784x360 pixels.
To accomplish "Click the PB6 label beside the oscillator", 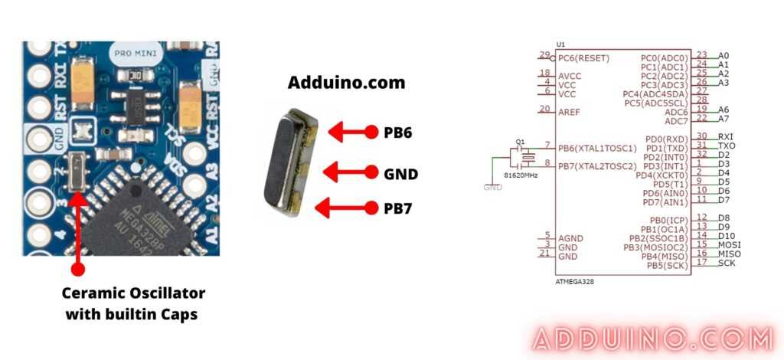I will pos(397,132).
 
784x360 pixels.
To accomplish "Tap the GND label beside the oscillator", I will pos(400,174).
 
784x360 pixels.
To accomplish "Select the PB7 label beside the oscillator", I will pos(397,207).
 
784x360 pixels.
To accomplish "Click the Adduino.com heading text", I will pos(346,82).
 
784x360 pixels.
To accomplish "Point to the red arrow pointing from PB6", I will pos(353,132).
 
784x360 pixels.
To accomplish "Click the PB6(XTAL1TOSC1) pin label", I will pos(597,147).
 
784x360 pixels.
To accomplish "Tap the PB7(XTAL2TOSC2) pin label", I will pos(597,165).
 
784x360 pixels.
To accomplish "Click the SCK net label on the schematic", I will pos(727,263).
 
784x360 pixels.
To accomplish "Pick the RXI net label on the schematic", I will pos(726,136).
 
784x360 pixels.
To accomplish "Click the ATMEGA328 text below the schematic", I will pos(573,281).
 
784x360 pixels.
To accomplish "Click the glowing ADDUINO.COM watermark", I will pos(652,339).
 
